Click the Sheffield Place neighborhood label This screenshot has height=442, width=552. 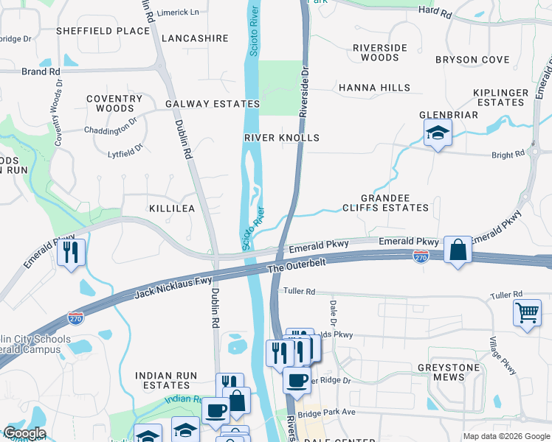pos(103,31)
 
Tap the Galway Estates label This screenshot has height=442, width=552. pos(213,104)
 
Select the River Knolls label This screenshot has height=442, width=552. pos(282,138)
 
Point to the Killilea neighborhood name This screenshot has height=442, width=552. pos(172,208)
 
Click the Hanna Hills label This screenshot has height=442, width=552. pos(374,88)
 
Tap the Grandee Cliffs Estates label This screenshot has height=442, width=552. pos(385,203)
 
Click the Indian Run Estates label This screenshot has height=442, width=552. pos(166,380)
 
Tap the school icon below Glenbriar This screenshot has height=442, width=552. pos(438,133)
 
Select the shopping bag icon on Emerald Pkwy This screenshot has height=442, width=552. pos(458,250)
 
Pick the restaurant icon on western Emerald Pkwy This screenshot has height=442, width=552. pos(71,252)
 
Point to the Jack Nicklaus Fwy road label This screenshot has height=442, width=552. pos(173,287)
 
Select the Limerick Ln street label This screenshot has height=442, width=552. pos(179,13)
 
